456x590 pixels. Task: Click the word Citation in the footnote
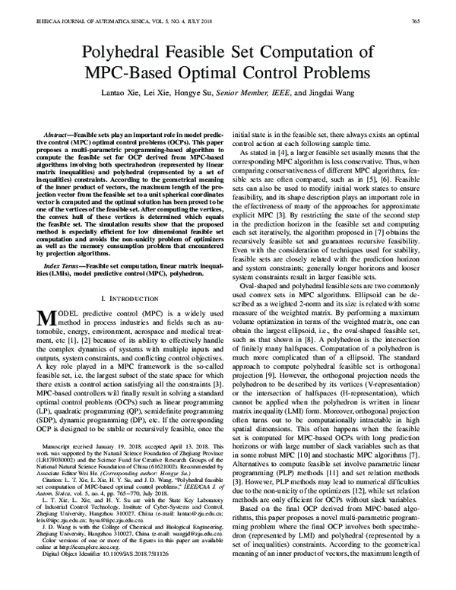tap(57, 495)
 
